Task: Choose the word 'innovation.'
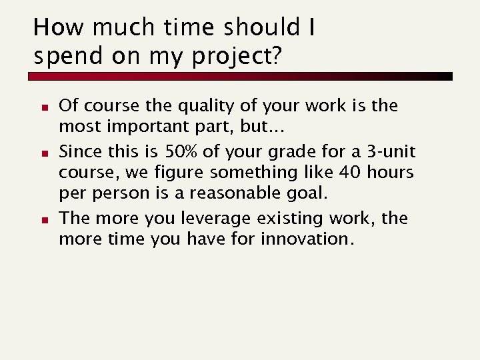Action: pos(307,238)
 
